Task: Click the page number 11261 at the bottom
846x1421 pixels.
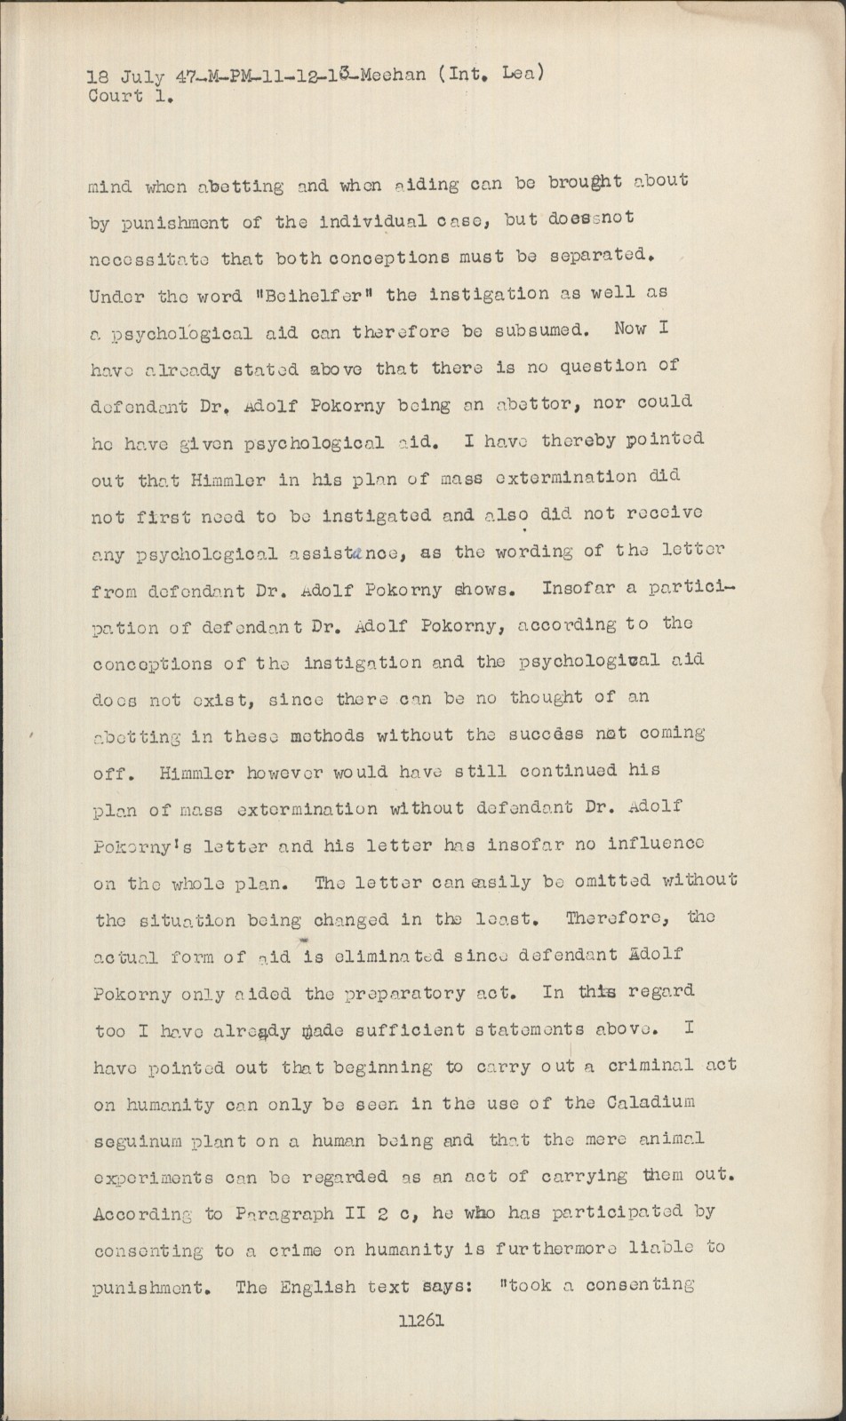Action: tap(421, 1321)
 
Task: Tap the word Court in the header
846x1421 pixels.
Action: tap(116, 96)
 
